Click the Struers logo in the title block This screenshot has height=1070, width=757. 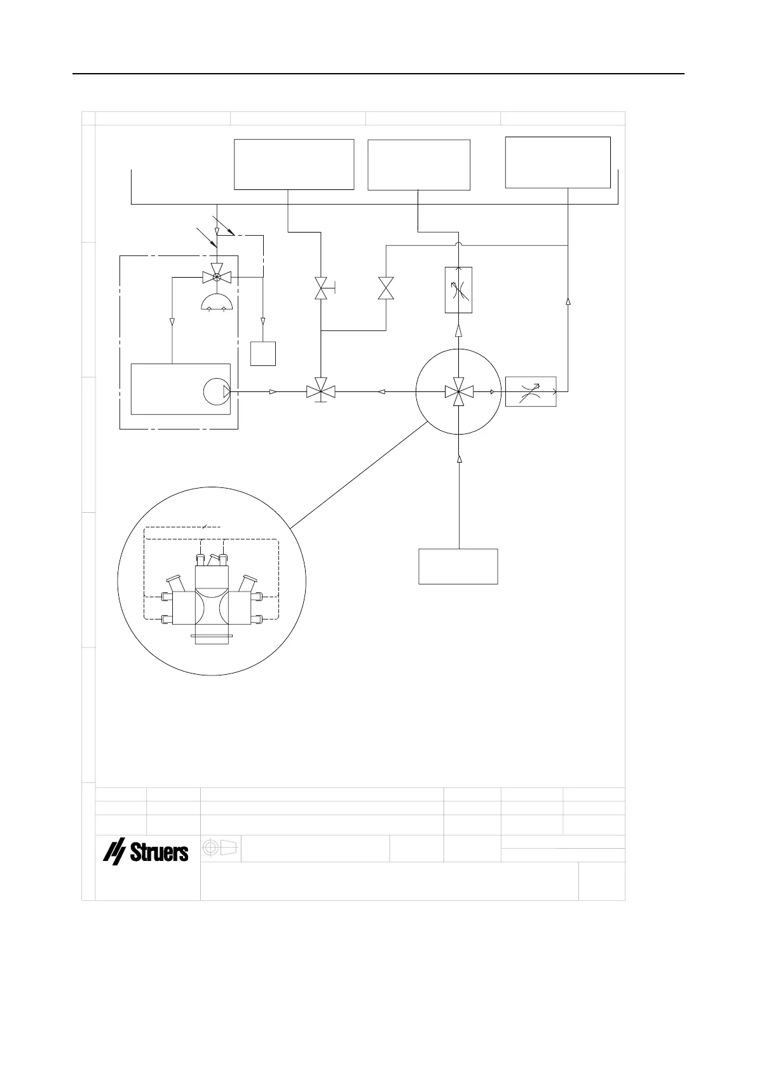[146, 852]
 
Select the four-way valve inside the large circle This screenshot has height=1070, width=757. [458, 392]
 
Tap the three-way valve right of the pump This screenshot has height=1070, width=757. [321, 391]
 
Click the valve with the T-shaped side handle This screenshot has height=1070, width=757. [322, 290]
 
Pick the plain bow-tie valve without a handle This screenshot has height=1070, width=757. [386, 288]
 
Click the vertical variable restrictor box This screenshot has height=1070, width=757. [458, 290]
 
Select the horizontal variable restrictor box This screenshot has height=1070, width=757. [531, 391]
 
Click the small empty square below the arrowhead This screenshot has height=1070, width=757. [263, 353]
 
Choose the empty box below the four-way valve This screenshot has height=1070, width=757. [458, 565]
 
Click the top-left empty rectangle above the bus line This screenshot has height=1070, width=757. [294, 164]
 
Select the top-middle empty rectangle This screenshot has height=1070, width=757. [419, 165]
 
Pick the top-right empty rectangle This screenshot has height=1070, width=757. [557, 162]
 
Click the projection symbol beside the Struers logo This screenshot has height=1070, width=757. [220, 848]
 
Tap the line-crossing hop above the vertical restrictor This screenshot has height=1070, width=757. [458, 244]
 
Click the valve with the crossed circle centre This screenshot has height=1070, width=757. [217, 277]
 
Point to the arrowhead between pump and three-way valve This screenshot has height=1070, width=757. [273, 391]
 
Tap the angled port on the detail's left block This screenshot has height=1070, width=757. [175, 583]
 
